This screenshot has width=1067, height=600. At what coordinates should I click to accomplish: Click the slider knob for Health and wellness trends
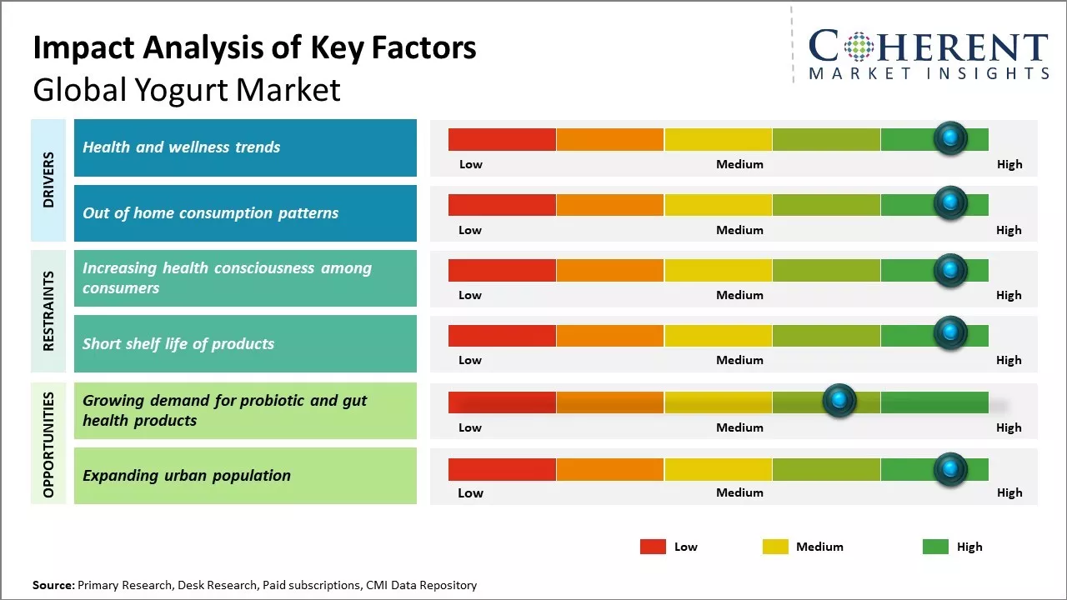tap(949, 138)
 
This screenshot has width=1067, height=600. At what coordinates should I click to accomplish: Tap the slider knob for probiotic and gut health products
tap(839, 401)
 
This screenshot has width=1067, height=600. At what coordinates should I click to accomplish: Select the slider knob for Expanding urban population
tap(949, 469)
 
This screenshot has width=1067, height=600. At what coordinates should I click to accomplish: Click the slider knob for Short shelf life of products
tap(949, 334)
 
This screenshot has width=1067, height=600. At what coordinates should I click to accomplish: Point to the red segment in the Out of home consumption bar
tap(502, 205)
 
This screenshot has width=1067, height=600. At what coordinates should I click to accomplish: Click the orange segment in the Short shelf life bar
tap(609, 336)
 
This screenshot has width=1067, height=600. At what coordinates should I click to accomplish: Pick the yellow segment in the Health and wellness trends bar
tap(718, 139)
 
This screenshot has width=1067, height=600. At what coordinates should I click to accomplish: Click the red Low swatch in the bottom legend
tap(653, 547)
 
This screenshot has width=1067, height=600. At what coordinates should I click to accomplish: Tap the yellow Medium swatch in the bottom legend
tap(775, 547)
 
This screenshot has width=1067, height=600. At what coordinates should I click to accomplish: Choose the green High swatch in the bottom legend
tap(935, 547)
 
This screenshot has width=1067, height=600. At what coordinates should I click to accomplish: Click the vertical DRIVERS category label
tap(48, 180)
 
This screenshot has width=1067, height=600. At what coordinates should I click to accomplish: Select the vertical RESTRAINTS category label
tap(48, 311)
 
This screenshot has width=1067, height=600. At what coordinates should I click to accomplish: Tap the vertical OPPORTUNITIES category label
tap(48, 444)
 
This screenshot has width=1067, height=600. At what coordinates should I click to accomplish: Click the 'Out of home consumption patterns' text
tap(210, 212)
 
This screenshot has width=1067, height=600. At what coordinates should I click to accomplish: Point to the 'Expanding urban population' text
tap(187, 476)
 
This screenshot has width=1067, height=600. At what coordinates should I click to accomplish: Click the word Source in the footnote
tap(53, 585)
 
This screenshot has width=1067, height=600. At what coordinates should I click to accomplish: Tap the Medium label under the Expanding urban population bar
tap(739, 492)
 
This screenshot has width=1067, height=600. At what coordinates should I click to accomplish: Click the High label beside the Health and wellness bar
tap(1009, 164)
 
